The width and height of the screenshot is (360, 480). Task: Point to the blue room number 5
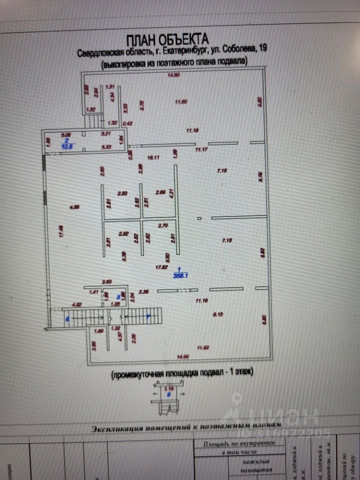click(x=118, y=296)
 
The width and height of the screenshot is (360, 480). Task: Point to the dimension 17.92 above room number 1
click(x=160, y=267)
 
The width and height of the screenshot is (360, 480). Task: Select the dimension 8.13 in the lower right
click(x=219, y=314)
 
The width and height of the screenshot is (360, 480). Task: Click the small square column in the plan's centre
click(x=199, y=218)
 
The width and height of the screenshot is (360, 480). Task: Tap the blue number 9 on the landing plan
click(x=168, y=393)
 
